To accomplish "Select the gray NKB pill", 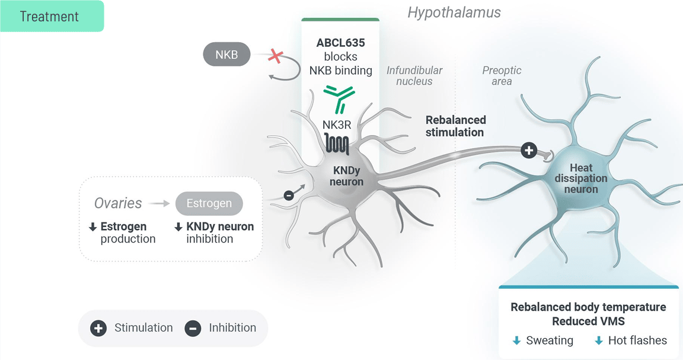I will click(x=226, y=55).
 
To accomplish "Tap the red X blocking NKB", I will click(x=276, y=56).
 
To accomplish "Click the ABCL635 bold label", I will click(x=340, y=43).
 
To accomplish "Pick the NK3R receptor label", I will click(x=337, y=125).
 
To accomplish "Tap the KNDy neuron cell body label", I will click(x=347, y=176).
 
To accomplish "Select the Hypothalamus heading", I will click(x=454, y=12).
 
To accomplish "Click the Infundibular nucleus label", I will click(x=414, y=75).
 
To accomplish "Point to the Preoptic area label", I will click(x=502, y=75).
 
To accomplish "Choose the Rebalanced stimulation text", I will click(x=455, y=126).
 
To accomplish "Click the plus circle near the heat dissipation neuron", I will click(x=529, y=151).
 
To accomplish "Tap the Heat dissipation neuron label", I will click(x=581, y=179).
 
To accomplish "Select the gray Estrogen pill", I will click(x=209, y=203).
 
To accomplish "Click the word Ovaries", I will click(x=118, y=203).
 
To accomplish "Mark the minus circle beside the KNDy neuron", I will click(x=289, y=195).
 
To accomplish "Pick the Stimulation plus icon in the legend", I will click(x=98, y=328).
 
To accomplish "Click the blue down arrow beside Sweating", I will click(x=516, y=341).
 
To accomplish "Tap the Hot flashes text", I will click(x=638, y=340).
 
